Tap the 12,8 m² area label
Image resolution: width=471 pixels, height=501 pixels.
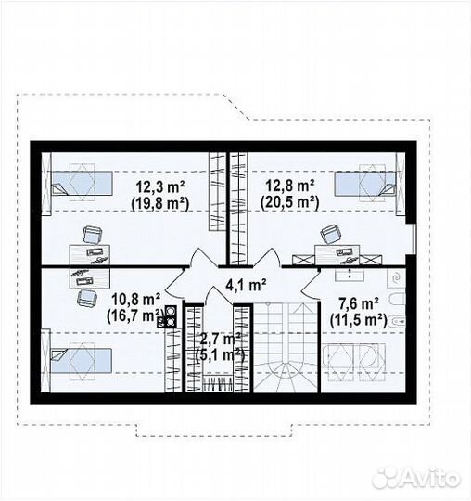pos(290,186)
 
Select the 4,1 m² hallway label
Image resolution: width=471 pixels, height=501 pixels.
pos(246,285)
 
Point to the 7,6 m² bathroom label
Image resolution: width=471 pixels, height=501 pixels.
pos(359,304)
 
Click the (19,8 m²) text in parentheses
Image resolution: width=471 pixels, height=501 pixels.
pos(160,203)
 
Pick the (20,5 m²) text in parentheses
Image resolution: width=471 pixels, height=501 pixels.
pos(290,202)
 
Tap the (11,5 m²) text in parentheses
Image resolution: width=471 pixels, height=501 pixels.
pos(359,320)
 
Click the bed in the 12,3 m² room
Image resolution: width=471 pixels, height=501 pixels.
pos(82,183)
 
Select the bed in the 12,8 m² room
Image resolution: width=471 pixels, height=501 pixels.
pos(365,184)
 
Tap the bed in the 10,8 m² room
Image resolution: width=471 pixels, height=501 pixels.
pos(81,360)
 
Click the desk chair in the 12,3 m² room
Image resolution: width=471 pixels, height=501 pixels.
pos(93,235)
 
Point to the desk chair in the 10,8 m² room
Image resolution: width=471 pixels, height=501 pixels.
pos(87,298)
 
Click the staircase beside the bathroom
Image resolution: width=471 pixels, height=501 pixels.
pos(286,347)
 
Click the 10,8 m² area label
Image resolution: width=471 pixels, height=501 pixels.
pos(135,300)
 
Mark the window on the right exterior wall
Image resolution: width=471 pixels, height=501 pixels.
pos(414,239)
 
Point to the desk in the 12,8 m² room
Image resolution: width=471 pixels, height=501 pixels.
pos(337,254)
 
